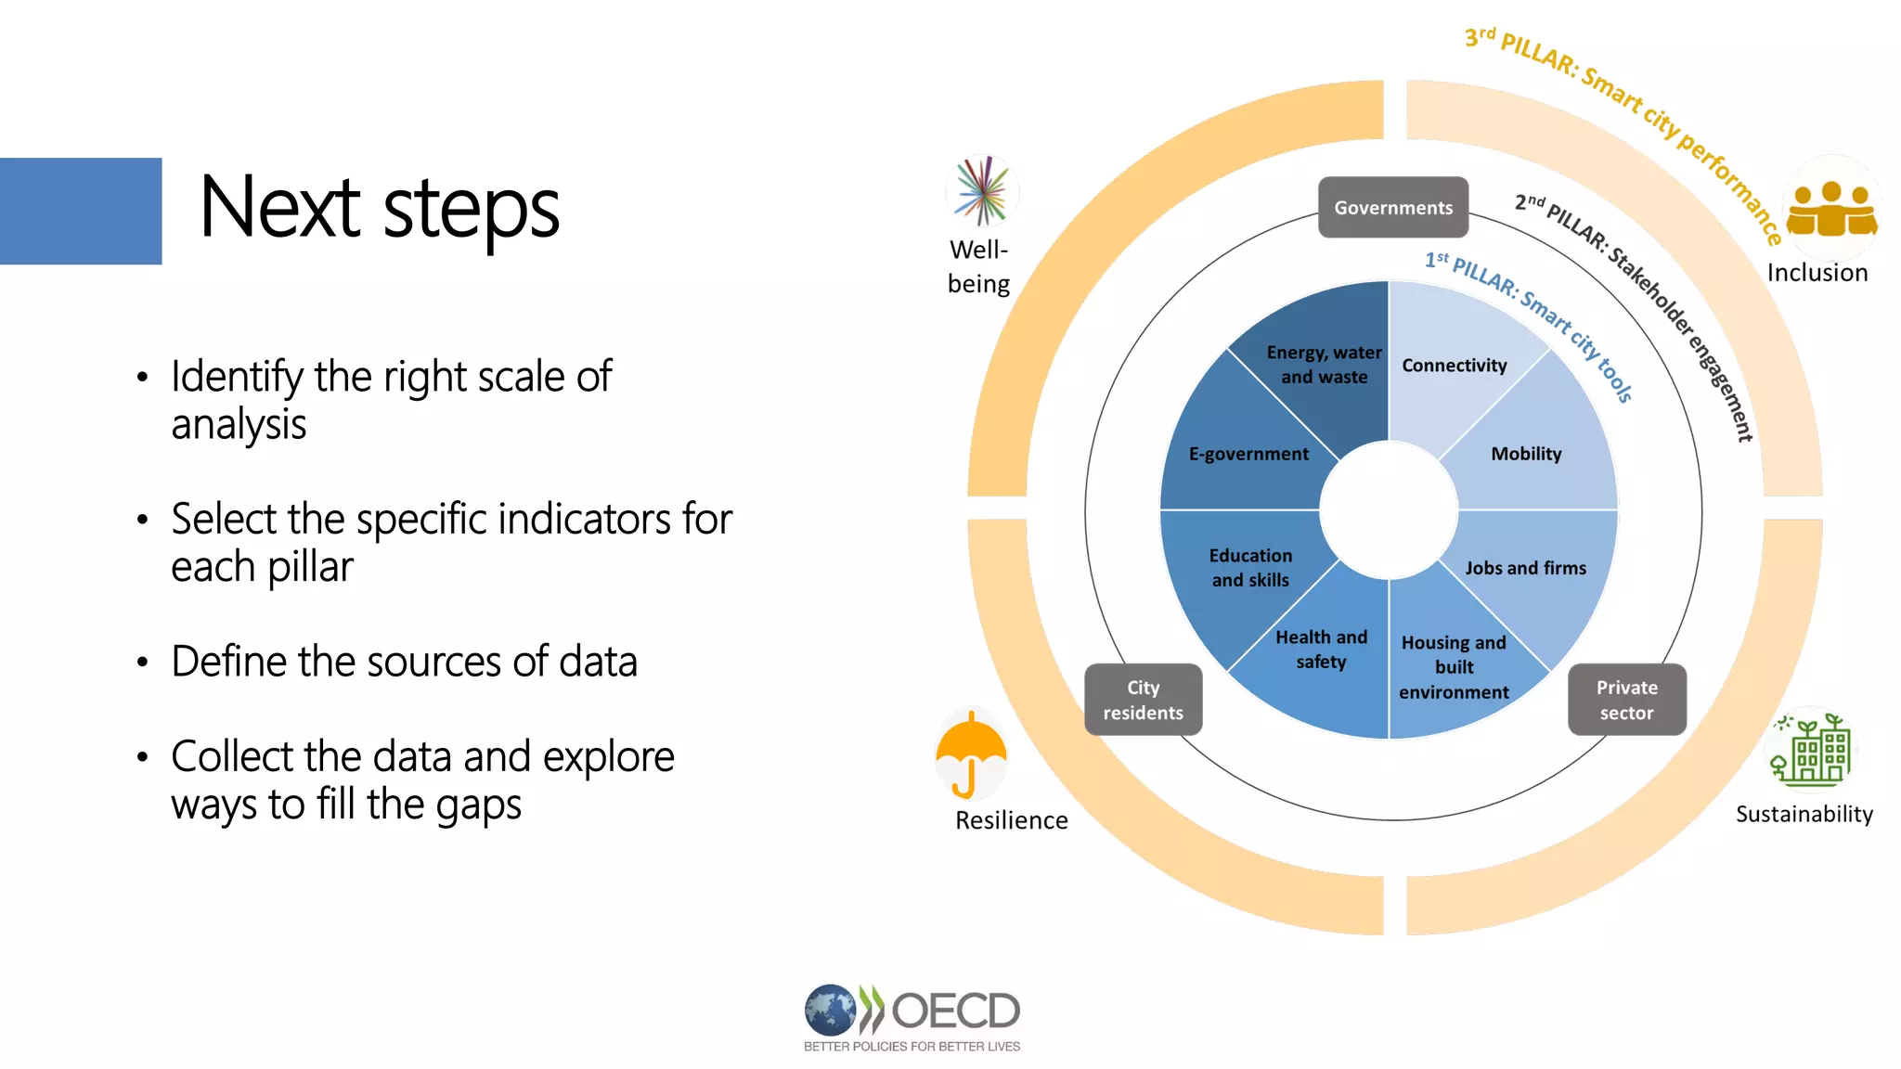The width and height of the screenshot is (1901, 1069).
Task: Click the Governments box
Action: [1392, 208]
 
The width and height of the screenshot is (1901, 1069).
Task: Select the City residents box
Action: [1143, 700]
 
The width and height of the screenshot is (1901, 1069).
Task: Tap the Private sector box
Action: [1626, 700]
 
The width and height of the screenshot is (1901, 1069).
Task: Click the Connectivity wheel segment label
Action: [1454, 366]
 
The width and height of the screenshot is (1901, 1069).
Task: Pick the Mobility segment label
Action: [1526, 454]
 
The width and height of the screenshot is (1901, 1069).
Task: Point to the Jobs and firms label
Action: [1525, 568]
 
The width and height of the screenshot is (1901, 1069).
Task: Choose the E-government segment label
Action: [1248, 454]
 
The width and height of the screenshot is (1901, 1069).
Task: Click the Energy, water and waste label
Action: [1324, 365]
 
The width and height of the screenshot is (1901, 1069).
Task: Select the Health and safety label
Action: [1321, 650]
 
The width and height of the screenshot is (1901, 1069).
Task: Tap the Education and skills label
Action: [1250, 568]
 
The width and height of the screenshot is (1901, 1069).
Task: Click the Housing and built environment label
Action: [1454, 667]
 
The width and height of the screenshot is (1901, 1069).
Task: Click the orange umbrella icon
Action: [971, 753]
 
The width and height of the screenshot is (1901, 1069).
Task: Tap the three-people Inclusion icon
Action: [1830, 209]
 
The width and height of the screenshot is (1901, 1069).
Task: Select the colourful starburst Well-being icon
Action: [982, 191]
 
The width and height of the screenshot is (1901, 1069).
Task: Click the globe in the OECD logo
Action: [830, 1010]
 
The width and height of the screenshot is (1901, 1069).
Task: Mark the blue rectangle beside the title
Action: [81, 211]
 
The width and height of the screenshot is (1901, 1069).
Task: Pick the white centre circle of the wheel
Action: [1389, 509]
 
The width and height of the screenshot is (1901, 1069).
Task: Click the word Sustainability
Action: [1804, 814]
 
